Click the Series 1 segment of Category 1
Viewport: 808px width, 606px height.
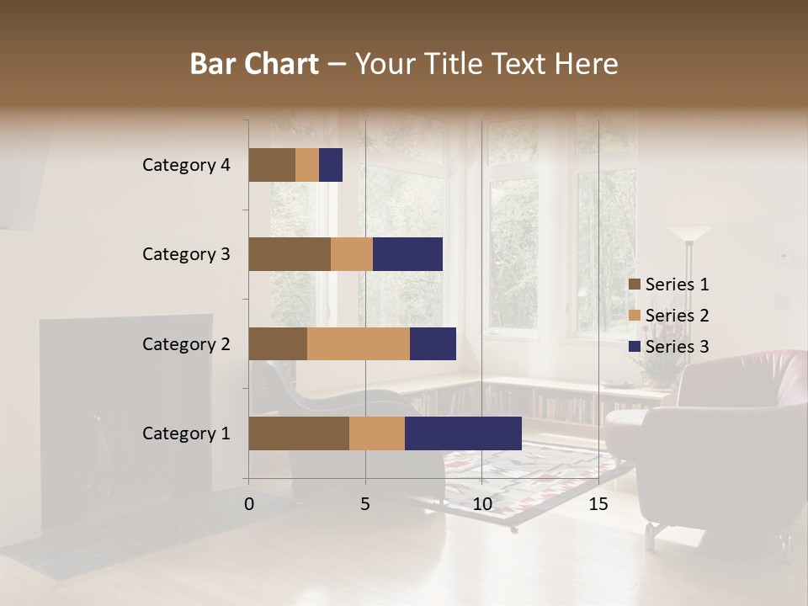(299, 433)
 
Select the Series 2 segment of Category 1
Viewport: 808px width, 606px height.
(377, 433)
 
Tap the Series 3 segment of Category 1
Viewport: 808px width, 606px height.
(463, 433)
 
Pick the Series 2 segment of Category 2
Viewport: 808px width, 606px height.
(359, 343)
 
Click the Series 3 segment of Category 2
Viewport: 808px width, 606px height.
(433, 343)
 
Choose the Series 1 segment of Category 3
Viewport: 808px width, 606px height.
(290, 254)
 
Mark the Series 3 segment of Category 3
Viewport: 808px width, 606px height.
(407, 254)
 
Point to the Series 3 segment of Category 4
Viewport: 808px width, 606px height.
(331, 165)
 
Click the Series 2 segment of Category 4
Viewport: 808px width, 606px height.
(307, 165)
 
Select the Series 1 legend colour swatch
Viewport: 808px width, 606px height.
(634, 284)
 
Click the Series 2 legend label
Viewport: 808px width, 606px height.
(677, 316)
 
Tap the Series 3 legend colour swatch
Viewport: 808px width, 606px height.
(634, 347)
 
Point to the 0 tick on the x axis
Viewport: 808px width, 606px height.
(249, 504)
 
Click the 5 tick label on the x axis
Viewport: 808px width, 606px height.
(365, 504)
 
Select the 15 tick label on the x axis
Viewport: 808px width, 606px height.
(598, 504)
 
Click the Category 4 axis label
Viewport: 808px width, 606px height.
(186, 165)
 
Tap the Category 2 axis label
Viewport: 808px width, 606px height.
(186, 343)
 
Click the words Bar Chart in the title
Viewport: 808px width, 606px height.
(254, 64)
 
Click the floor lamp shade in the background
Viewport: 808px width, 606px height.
(690, 233)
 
